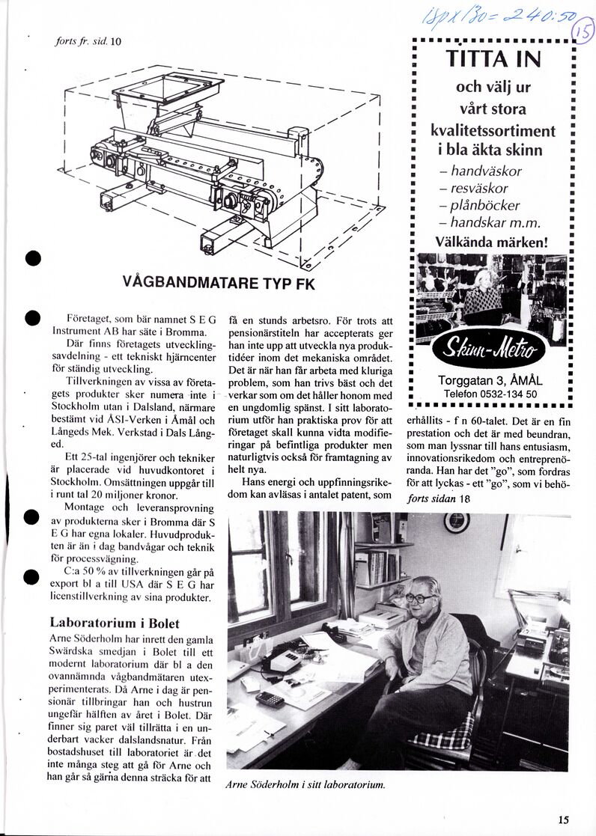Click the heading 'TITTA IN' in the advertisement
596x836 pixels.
pos(493,58)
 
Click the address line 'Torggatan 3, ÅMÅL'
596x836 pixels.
pos(493,380)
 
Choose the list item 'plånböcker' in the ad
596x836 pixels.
pos(484,205)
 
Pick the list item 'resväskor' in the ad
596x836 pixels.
pos(484,188)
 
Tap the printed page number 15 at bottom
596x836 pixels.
pos(563,819)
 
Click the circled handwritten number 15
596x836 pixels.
pos(581,31)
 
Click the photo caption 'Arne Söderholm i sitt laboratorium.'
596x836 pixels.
pos(305,784)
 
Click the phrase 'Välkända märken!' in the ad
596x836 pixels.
pos(492,242)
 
